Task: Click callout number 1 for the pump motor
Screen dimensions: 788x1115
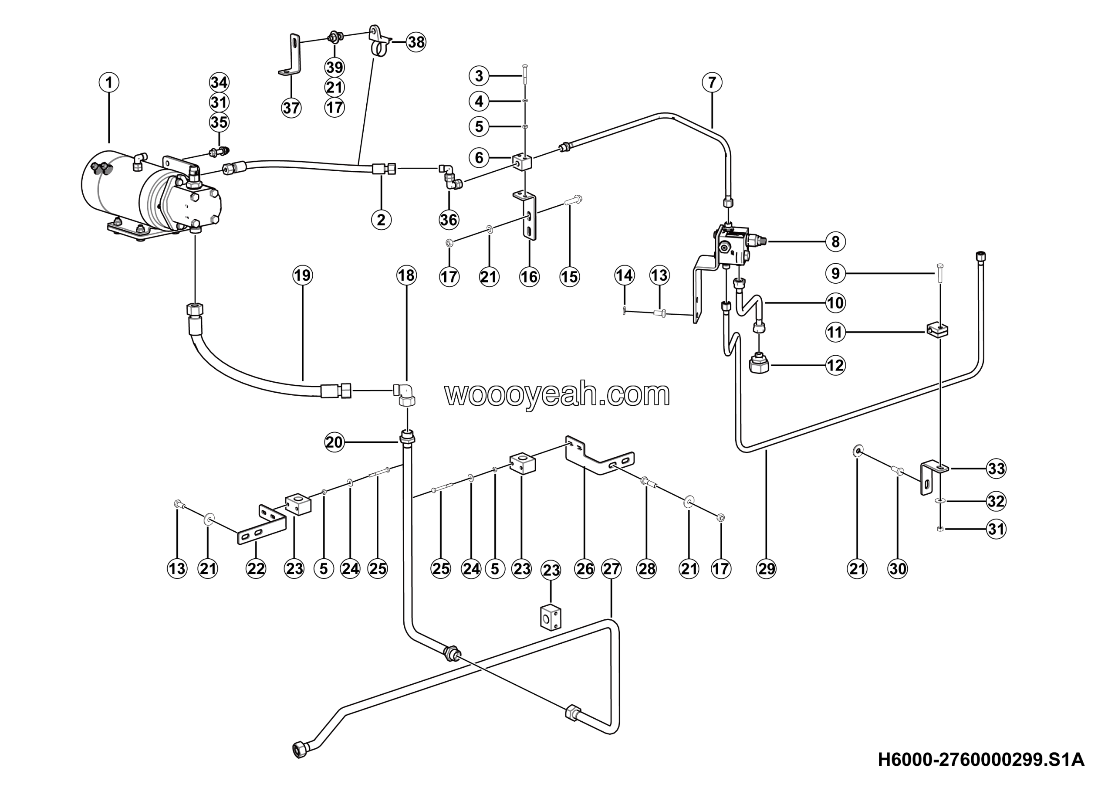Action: coord(109,82)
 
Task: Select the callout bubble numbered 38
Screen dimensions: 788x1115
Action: coord(416,42)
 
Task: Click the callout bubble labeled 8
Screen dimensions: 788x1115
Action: coord(835,241)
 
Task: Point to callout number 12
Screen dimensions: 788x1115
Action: coord(835,365)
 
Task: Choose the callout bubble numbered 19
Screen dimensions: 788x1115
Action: coord(303,275)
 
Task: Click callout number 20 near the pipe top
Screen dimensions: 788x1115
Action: coord(334,442)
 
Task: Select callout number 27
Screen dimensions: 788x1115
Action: coord(612,568)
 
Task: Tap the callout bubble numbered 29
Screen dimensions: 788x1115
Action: coord(766,568)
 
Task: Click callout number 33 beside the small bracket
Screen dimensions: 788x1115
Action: coord(996,469)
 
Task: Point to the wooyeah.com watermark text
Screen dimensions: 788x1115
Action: coord(557,394)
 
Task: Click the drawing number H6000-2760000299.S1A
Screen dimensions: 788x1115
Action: coord(981,759)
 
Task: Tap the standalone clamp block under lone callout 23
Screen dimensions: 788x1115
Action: coord(551,618)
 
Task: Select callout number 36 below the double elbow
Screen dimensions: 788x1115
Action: coord(449,220)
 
